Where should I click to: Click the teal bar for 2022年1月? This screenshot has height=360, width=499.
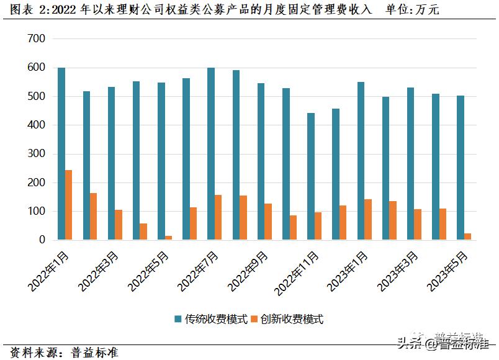(61, 153)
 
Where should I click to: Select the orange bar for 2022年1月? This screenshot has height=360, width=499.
(69, 205)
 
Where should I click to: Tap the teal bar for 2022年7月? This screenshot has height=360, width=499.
(211, 153)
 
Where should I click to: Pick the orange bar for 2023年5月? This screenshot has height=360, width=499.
(468, 236)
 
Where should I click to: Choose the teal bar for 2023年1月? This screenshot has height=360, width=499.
(361, 161)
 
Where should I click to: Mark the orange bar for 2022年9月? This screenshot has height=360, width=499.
(268, 222)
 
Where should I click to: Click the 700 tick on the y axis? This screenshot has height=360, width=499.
(37, 39)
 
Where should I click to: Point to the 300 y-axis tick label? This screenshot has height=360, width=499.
(37, 154)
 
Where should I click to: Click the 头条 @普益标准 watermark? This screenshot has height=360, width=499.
(442, 341)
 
